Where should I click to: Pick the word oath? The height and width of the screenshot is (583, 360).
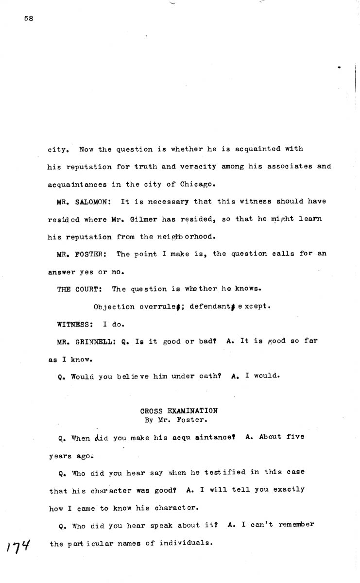pos(206,376)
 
